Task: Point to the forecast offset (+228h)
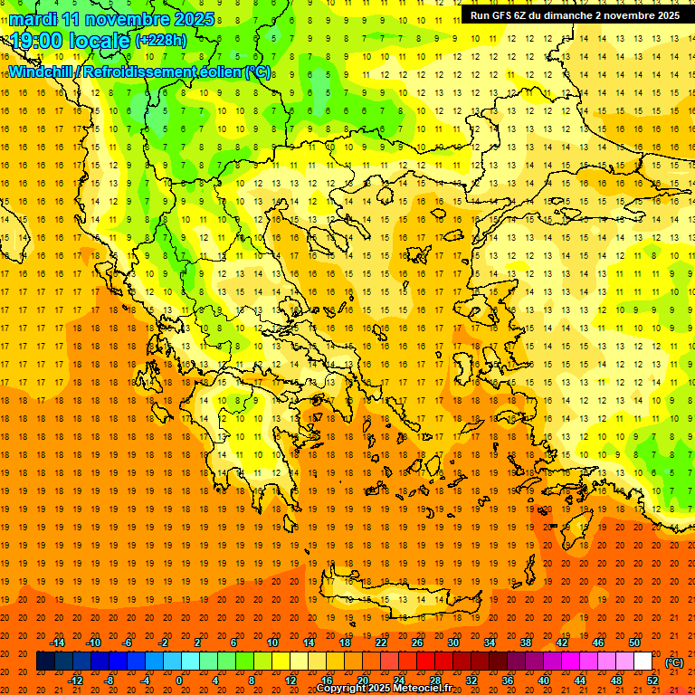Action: point(161,41)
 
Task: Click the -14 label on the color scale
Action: point(57,643)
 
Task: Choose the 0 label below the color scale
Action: point(179,680)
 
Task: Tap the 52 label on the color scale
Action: point(652,680)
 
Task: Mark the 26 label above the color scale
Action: point(417,643)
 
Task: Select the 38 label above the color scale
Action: point(526,643)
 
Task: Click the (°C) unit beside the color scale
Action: point(674,662)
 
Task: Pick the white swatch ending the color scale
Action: point(643,662)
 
